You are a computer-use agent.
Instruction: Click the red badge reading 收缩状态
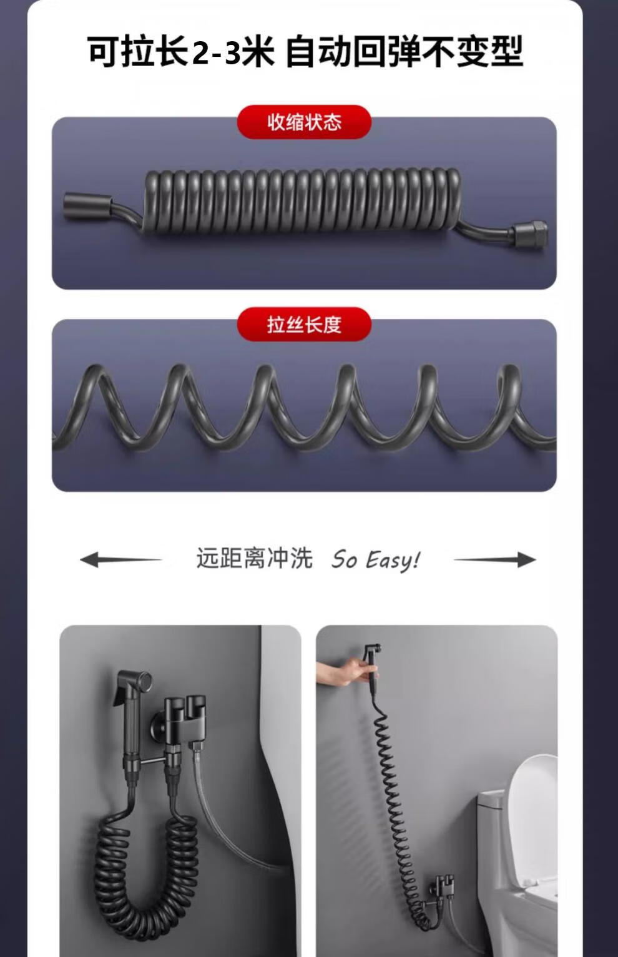point(304,122)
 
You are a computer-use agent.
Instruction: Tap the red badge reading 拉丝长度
point(304,324)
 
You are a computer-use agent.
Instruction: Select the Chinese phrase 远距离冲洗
point(255,558)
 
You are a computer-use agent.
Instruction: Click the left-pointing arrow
point(121,559)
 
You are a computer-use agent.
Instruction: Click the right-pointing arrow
point(494,559)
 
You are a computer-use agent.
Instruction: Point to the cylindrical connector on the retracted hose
point(87,207)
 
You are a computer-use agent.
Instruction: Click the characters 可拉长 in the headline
point(139,52)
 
